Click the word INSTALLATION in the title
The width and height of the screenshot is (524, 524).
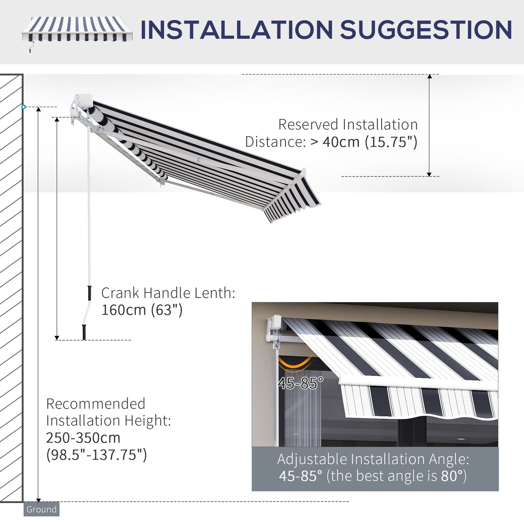[236, 30]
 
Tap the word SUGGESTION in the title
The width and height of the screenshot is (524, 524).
[426, 30]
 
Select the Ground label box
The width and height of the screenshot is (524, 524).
[41, 509]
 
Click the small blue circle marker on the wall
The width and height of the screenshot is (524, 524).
[24, 107]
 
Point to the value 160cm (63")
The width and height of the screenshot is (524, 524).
[142, 310]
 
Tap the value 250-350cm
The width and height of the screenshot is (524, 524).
[83, 438]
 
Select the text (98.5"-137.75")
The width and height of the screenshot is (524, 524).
[96, 455]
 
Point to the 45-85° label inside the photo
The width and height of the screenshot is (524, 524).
[300, 383]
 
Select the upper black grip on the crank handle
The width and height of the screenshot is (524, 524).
[89, 293]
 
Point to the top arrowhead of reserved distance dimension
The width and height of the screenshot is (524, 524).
[429, 77]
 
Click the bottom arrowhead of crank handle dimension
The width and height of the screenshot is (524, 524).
[57, 338]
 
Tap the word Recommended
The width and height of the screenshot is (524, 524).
[96, 404]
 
